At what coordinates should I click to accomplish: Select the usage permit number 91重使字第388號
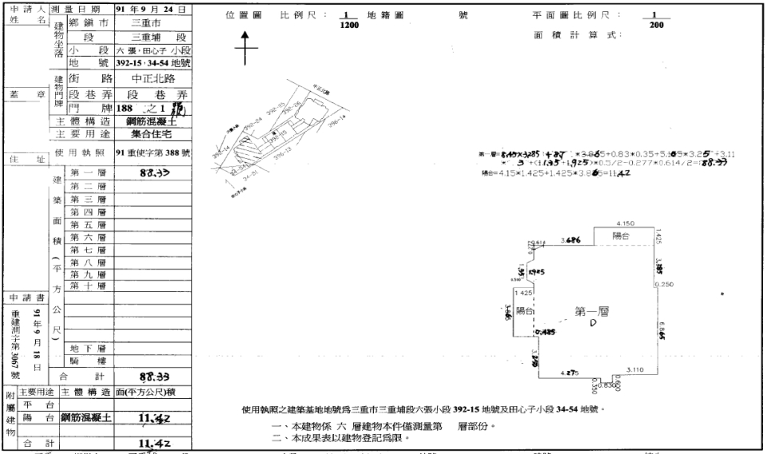click(x=152, y=152)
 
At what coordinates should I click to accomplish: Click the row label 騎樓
click(x=85, y=360)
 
